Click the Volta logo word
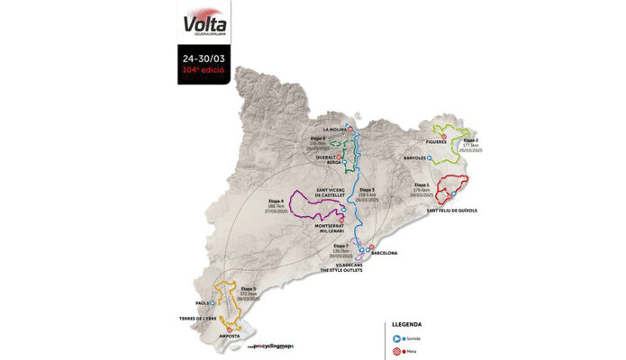pos(204,23)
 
